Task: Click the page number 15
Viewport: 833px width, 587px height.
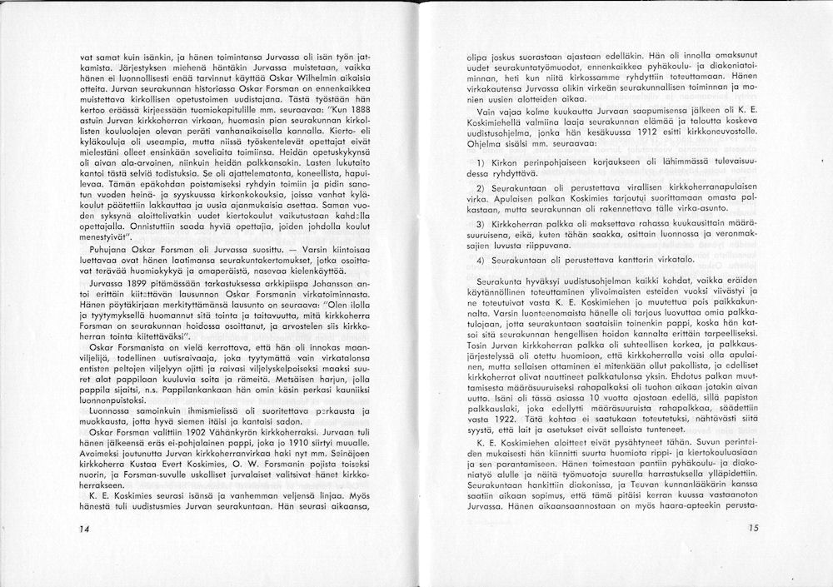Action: pos(754,528)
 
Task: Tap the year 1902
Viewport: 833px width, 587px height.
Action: pos(169,432)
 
